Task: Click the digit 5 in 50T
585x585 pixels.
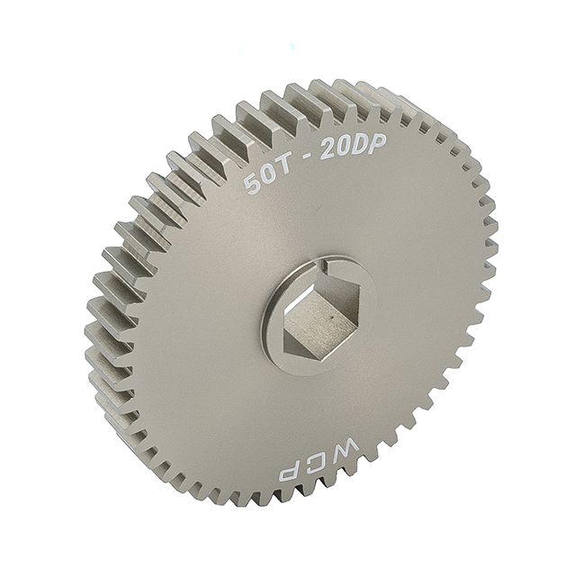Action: pos(251,184)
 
